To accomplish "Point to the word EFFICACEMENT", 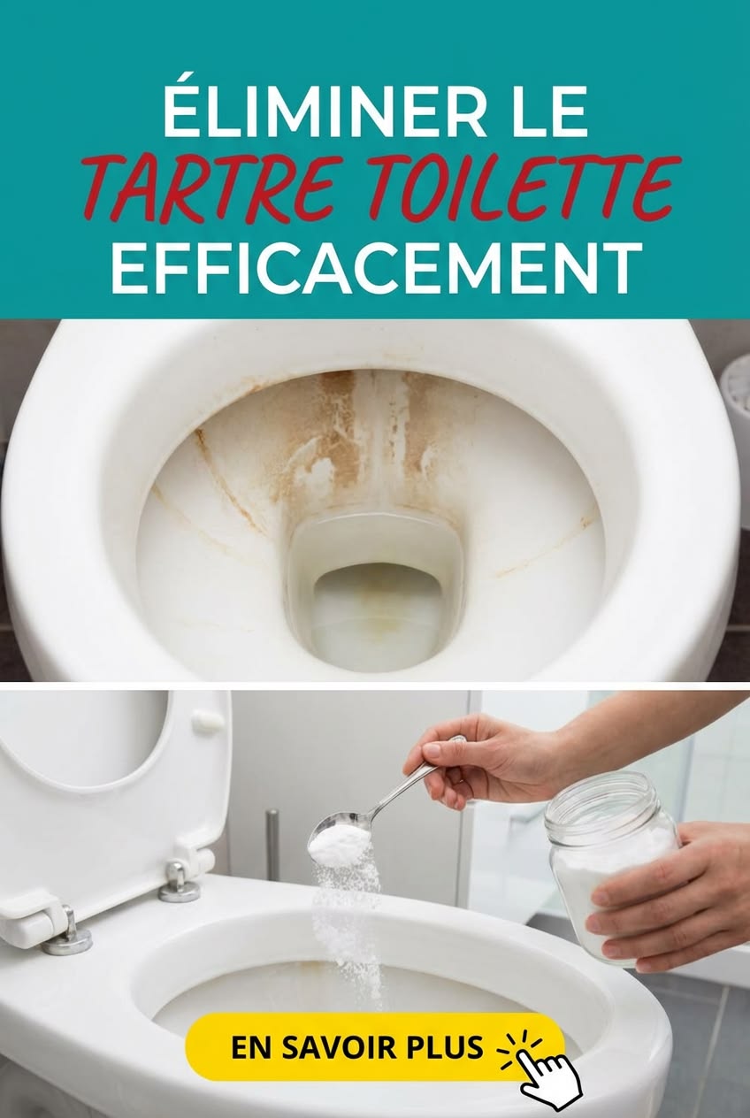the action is pyautogui.click(x=376, y=269).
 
